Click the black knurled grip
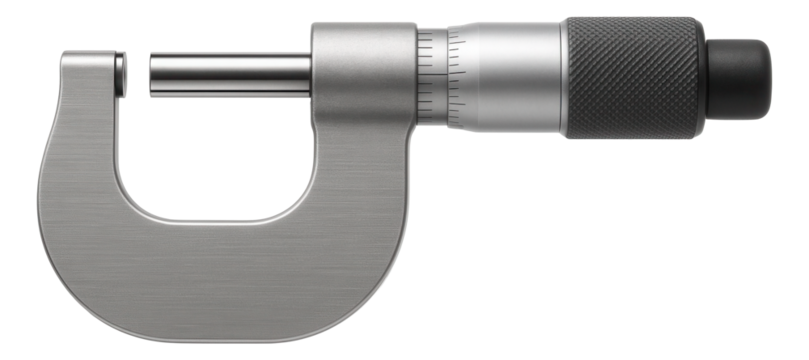[x=631, y=76]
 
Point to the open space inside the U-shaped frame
[x=215, y=150]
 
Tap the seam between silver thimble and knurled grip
[x=565, y=76]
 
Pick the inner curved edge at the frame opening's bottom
[x=215, y=217]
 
